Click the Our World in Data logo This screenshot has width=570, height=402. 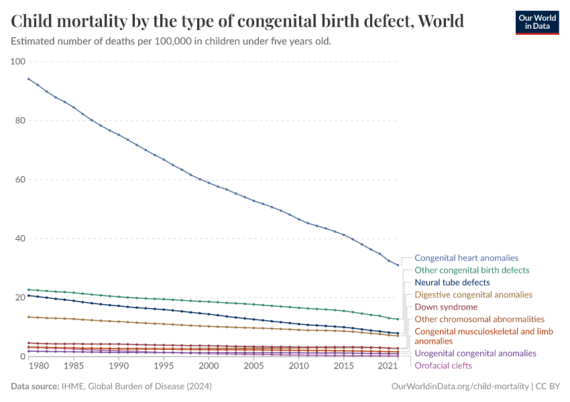pos(536,22)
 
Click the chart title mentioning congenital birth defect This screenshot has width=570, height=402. pos(237,21)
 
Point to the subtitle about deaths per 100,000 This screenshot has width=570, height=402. pos(171,41)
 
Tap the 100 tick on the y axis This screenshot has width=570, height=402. pos(18,62)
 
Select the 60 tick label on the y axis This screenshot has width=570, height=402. pos(18,180)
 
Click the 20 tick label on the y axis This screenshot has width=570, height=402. pos(18,297)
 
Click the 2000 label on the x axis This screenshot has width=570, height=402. pos(209,366)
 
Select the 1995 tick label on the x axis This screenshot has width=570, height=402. pos(164,366)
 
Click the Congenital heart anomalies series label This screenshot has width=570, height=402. pos(466,257)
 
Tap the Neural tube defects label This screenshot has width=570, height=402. pos(452,282)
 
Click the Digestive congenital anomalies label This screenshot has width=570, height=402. pos(473,294)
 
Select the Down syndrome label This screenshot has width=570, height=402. pos(446,307)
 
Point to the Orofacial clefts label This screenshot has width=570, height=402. pos(443,365)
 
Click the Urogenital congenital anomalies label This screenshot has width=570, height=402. pos(475,353)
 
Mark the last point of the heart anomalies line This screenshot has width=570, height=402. pos(398,265)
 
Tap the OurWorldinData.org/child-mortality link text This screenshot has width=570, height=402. pos(460,387)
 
